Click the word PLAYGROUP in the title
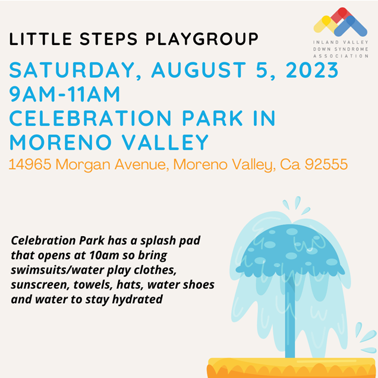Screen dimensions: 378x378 point(202,39)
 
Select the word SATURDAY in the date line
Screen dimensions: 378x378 point(72,71)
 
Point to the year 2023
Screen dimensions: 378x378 point(312,70)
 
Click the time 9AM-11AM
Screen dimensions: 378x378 point(65,94)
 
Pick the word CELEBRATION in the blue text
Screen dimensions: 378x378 point(90,118)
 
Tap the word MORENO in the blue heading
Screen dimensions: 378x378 point(61,142)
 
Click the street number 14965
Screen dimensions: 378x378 point(30,164)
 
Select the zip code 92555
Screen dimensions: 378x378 point(326,164)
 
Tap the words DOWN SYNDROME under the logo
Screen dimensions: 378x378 point(341,49)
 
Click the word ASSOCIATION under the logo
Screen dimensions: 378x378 point(341,56)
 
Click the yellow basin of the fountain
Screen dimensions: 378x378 point(292,368)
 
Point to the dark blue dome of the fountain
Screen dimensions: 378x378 point(289,250)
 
